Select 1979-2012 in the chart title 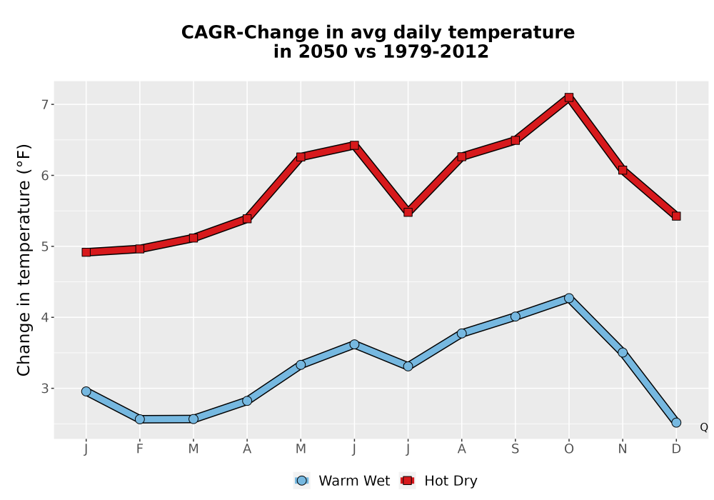tap(436, 51)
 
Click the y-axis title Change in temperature tap(24, 260)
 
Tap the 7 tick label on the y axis tap(44, 105)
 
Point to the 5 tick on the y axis tap(44, 247)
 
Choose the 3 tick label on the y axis tap(44, 389)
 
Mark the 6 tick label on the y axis tap(44, 176)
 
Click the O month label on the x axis tap(569, 449)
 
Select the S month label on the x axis tap(515, 449)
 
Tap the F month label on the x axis tap(140, 449)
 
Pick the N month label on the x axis tap(623, 449)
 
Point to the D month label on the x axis tap(676, 449)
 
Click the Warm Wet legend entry tap(342, 481)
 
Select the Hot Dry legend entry tap(438, 481)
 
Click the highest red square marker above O tap(569, 97)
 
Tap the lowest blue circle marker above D tap(676, 423)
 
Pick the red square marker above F tap(140, 249)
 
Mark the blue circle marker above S tap(515, 316)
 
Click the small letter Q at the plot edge tap(704, 427)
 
